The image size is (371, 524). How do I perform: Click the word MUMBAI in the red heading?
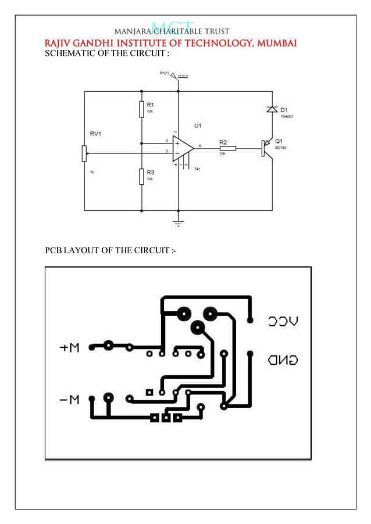click(273, 44)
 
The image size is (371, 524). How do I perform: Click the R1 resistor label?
click(149, 104)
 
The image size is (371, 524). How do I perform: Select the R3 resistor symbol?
click(141, 176)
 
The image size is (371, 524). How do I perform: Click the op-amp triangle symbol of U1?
click(183, 149)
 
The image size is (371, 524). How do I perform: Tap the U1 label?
click(198, 125)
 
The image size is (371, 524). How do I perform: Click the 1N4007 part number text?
click(287, 116)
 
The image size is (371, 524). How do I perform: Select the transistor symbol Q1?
click(267, 148)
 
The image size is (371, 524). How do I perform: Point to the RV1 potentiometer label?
click(95, 134)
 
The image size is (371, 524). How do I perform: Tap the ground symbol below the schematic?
click(179, 222)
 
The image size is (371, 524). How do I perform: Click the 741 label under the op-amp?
click(197, 168)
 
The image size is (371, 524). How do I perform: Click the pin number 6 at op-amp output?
click(199, 146)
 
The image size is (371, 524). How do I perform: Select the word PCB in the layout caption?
click(53, 251)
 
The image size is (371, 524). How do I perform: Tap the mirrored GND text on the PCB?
click(283, 360)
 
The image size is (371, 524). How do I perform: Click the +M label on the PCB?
click(70, 349)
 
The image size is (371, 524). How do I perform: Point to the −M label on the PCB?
click(69, 400)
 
